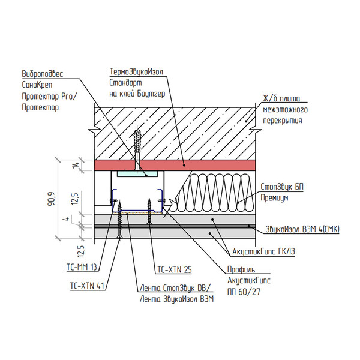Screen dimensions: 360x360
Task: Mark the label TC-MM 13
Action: (82, 265)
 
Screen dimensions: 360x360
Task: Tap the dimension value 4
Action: (71, 219)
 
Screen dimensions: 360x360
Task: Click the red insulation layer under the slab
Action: (204, 165)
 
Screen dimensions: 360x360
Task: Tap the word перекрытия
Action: (282, 121)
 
